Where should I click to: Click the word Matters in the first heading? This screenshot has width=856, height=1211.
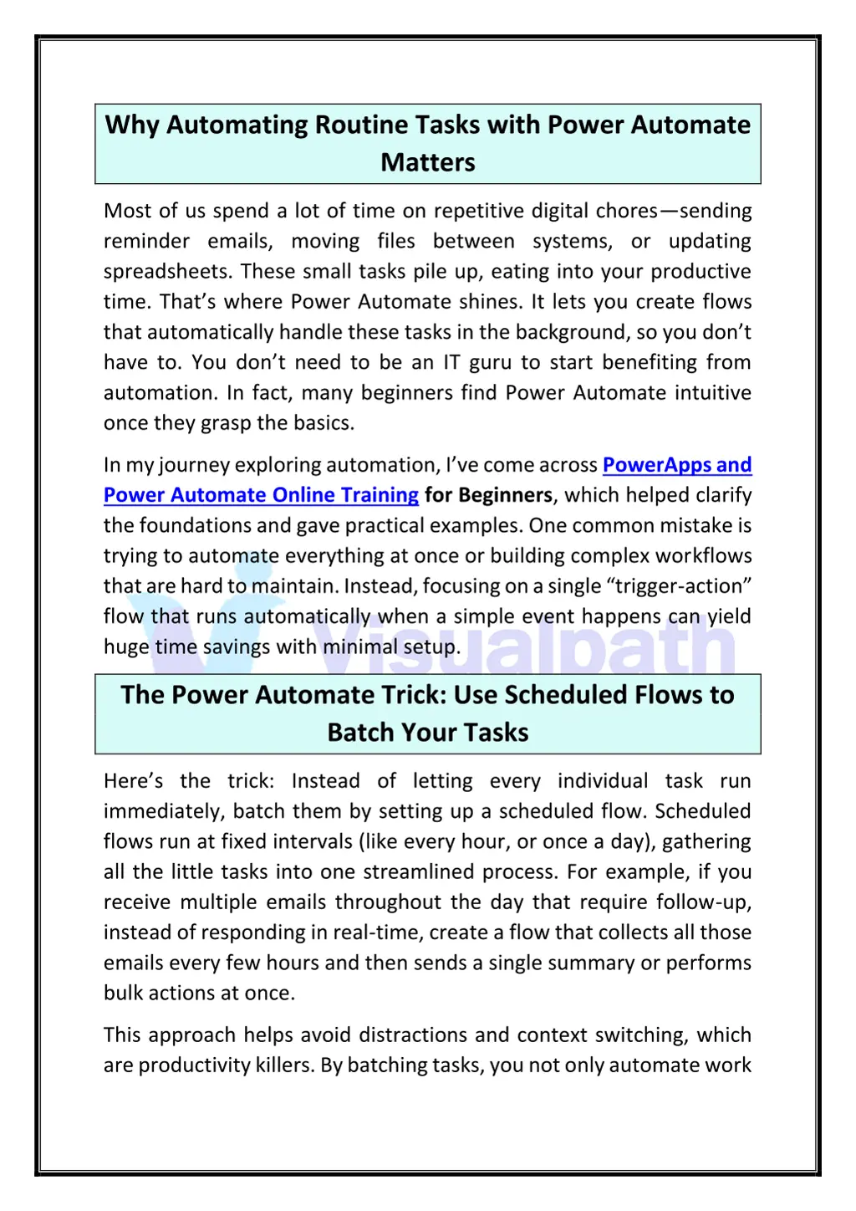coord(427,162)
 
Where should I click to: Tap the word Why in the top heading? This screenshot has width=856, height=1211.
coord(132,125)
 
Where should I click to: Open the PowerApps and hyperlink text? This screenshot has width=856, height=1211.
coord(677,465)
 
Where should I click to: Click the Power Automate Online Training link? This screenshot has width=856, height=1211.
coord(261,495)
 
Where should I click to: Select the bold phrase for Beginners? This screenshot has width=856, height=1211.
coord(488,495)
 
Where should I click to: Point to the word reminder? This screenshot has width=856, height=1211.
coord(146,242)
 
